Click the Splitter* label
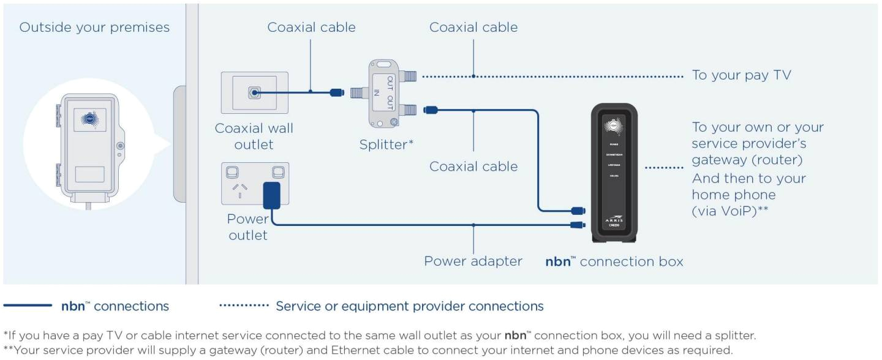pyautogui.click(x=386, y=145)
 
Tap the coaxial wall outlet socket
pyautogui.click(x=254, y=93)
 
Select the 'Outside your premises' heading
pyautogui.click(x=94, y=28)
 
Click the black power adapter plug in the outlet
pyautogui.click(x=271, y=195)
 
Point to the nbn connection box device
pyautogui.click(x=614, y=173)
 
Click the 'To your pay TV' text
pyautogui.click(x=741, y=75)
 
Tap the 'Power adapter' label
pyautogui.click(x=473, y=261)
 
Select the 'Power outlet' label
pyautogui.click(x=247, y=227)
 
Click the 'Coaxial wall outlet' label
pyautogui.click(x=254, y=137)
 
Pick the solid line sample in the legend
pyautogui.click(x=28, y=306)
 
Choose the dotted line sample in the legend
pyautogui.click(x=244, y=306)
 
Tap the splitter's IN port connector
pyautogui.click(x=358, y=93)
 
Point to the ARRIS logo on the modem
pyautogui.click(x=613, y=217)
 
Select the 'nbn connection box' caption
pyautogui.click(x=614, y=261)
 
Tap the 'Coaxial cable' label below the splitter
pyautogui.click(x=473, y=167)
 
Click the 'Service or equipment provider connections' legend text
pyautogui.click(x=409, y=306)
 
